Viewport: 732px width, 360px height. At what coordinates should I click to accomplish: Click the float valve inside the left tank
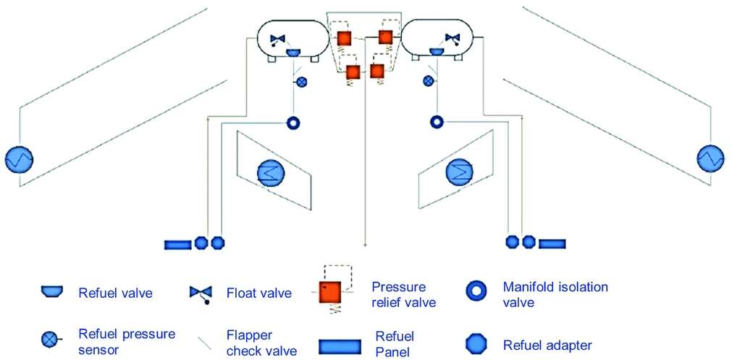pyautogui.click(x=278, y=39)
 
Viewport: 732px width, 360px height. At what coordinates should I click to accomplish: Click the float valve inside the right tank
pyautogui.click(x=452, y=38)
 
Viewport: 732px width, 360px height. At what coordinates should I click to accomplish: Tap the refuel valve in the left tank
pyautogui.click(x=294, y=52)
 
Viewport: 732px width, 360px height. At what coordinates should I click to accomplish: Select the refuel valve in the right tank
pyautogui.click(x=437, y=52)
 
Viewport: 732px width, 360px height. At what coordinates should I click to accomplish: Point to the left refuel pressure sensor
pyautogui.click(x=301, y=82)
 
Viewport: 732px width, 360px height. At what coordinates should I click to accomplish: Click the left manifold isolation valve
pyautogui.click(x=293, y=122)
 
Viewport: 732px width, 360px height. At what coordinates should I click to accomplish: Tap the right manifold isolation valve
pyautogui.click(x=437, y=122)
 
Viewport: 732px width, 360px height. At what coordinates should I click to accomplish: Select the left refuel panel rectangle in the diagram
pyautogui.click(x=177, y=244)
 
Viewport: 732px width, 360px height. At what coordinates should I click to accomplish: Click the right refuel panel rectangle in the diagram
pyautogui.click(x=552, y=243)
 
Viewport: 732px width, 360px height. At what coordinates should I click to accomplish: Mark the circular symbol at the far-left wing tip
pyautogui.click(x=17, y=159)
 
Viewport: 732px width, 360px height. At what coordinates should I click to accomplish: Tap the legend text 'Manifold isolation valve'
pyautogui.click(x=555, y=293)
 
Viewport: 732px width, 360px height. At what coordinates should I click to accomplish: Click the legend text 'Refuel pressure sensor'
pyautogui.click(x=127, y=341)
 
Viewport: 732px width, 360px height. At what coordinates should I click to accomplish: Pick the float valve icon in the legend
pyautogui.click(x=201, y=293)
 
